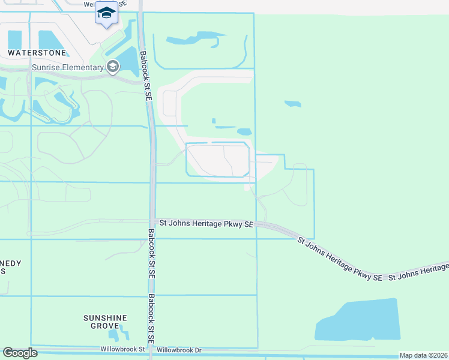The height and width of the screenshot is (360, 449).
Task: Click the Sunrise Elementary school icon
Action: (112, 67)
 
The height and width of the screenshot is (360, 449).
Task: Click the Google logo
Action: (20, 353)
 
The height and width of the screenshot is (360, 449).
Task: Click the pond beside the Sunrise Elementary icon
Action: (128, 61)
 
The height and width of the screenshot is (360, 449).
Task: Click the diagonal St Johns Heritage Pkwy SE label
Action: (340, 259)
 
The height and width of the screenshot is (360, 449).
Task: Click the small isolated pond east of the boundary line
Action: (292, 104)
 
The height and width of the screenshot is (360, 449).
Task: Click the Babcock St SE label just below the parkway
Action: (151, 252)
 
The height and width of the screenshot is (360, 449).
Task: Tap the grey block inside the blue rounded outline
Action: (218, 160)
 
